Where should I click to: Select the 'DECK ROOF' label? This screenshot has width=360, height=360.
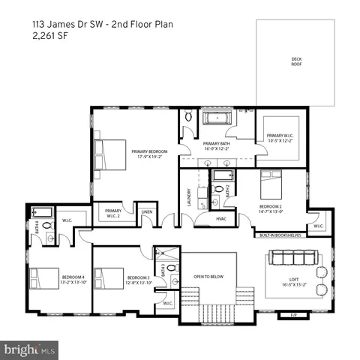pos(295,61)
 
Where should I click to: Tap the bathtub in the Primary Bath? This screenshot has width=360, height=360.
pos(217,118)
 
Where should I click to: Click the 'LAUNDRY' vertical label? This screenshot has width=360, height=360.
pos(189,198)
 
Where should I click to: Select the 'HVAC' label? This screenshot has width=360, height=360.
pos(221,218)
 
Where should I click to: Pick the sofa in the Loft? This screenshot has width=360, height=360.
pos(292,258)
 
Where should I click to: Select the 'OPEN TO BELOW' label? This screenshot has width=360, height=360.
pos(210,277)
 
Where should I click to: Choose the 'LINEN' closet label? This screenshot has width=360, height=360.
pos(148,213)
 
